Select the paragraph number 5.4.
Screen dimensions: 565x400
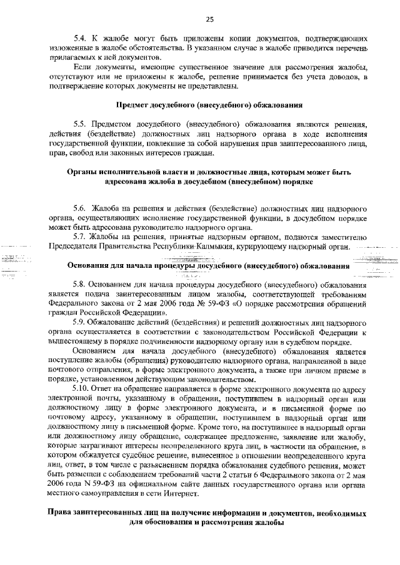tap(81, 39)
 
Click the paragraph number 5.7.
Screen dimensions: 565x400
tap(81, 237)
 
